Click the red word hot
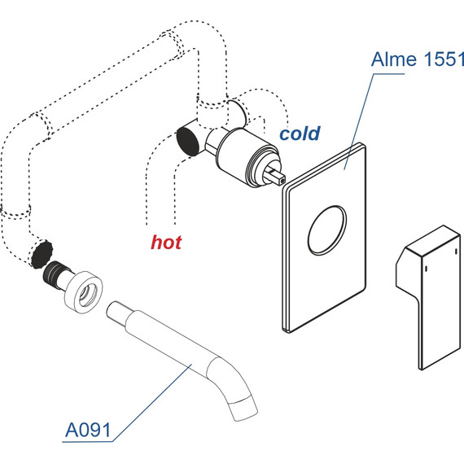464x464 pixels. pyautogui.click(x=166, y=243)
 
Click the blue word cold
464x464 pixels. pyautogui.click(x=300, y=134)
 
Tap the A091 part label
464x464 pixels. pyautogui.click(x=88, y=430)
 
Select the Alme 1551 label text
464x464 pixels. pyautogui.click(x=418, y=59)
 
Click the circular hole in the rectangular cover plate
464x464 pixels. pyautogui.click(x=327, y=230)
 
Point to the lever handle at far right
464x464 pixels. pyautogui.click(x=428, y=297)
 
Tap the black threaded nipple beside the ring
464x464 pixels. pyautogui.click(x=53, y=274)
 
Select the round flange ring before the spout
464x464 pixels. pyautogui.click(x=84, y=292)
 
